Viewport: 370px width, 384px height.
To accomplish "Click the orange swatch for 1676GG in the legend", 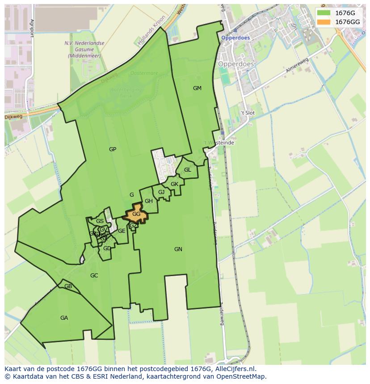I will (324, 22).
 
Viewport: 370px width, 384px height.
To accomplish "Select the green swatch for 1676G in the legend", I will (324, 13).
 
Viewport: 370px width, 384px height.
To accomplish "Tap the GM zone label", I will (197, 88).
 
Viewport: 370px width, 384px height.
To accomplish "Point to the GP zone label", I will (113, 149).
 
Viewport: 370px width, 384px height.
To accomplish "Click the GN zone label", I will (178, 249).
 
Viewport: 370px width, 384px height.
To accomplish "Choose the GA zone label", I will (64, 318).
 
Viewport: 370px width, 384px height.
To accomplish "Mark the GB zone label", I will (68, 286).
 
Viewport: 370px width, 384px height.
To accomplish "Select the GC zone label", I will (94, 276).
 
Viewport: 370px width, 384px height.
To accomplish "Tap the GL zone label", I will (188, 170).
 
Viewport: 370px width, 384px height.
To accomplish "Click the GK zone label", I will (174, 184).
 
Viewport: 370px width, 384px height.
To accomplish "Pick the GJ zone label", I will (161, 192).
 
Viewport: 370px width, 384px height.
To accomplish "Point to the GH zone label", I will (149, 201).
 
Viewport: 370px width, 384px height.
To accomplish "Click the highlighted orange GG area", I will (136, 214).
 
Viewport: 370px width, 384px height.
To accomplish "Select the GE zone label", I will (122, 231).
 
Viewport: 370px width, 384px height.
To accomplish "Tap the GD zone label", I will (107, 248).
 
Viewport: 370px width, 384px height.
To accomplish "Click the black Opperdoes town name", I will (236, 64).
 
